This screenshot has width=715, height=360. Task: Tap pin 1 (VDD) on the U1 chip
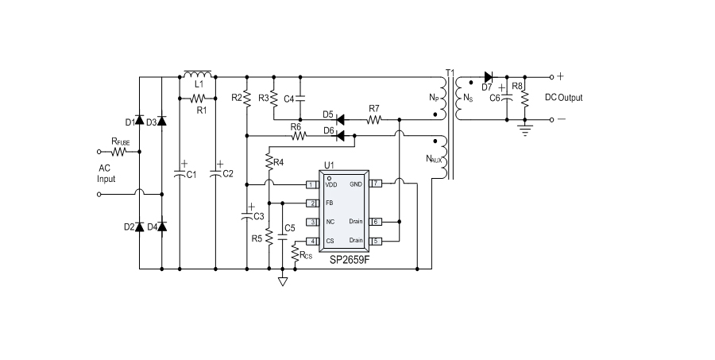(312, 184)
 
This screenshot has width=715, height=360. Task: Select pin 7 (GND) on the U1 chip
(377, 184)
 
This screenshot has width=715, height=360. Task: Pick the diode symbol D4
(162, 227)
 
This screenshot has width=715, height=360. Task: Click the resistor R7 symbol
(373, 120)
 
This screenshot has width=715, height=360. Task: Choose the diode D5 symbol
(339, 120)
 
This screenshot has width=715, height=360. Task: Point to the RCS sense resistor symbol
(295, 254)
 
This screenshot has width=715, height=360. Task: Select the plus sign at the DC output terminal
(560, 77)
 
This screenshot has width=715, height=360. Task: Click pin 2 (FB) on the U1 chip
(312, 203)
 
